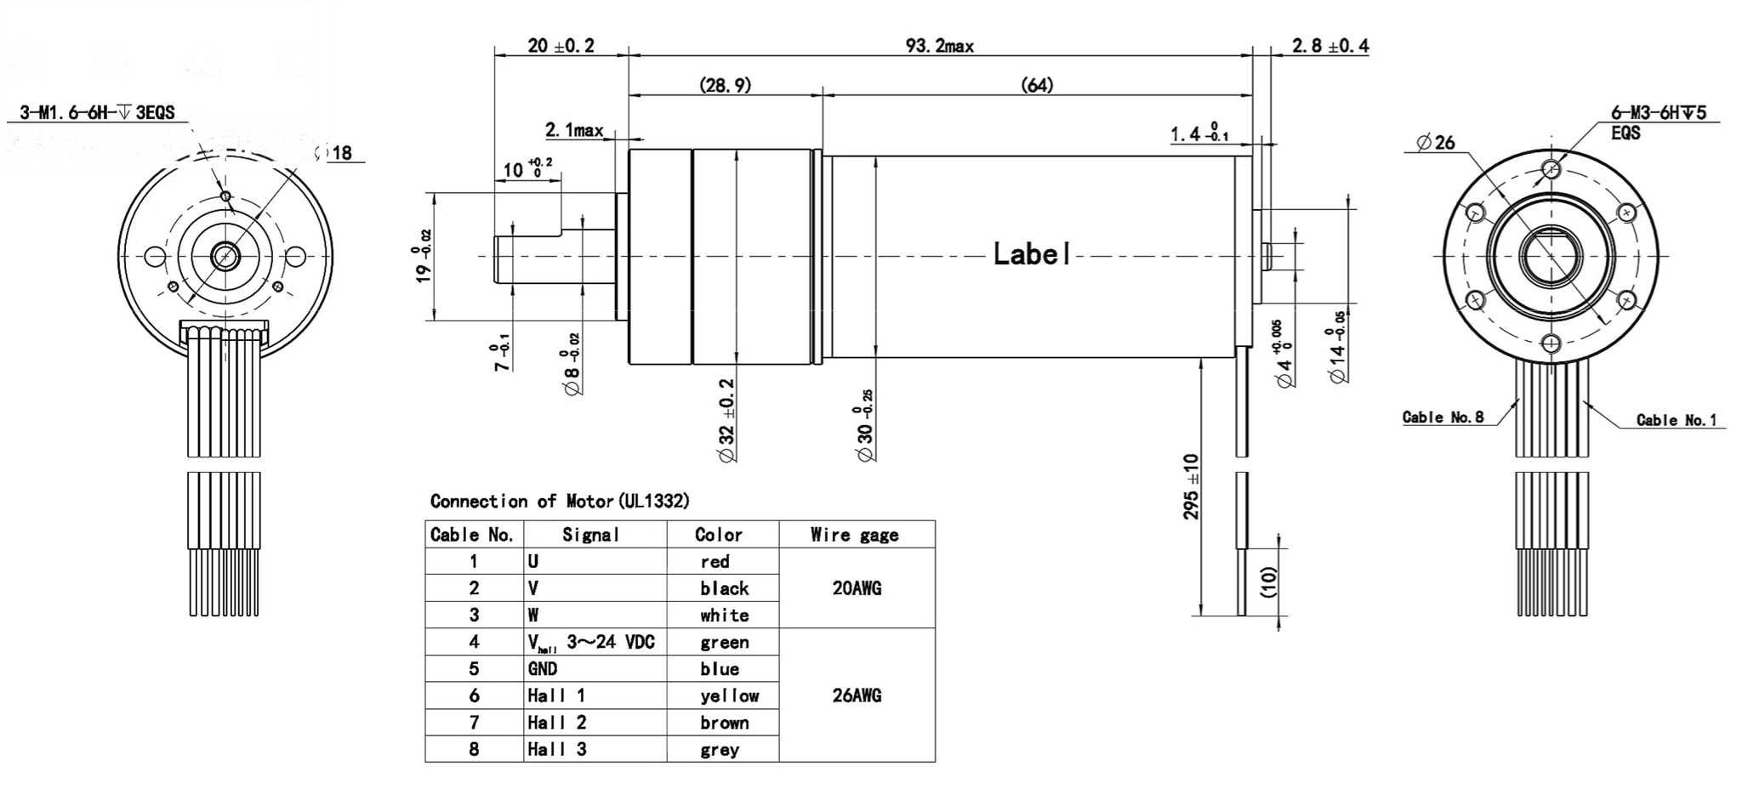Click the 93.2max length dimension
pyautogui.click(x=939, y=46)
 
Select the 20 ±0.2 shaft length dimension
pyautogui.click(x=561, y=46)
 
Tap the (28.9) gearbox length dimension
pyautogui.click(x=725, y=85)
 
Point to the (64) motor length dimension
pyautogui.click(x=1036, y=85)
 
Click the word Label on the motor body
pyautogui.click(x=1032, y=254)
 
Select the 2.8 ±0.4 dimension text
pyautogui.click(x=1330, y=46)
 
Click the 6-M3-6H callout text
pyautogui.click(x=1658, y=113)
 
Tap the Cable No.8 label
pyautogui.click(x=1443, y=417)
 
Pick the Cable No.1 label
pyautogui.click(x=1676, y=420)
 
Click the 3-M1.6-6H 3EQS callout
pyautogui.click(x=97, y=113)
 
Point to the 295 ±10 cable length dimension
pyautogui.click(x=1191, y=486)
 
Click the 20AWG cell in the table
pyautogui.click(x=857, y=588)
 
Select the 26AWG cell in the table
pyautogui.click(x=857, y=695)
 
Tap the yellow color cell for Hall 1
pyautogui.click(x=729, y=695)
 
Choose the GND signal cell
pyautogui.click(x=543, y=668)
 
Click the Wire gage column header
pyautogui.click(x=854, y=535)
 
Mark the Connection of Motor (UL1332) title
pyautogui.click(x=560, y=501)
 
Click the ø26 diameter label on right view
pyautogui.click(x=1437, y=143)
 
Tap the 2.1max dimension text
pyautogui.click(x=573, y=130)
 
